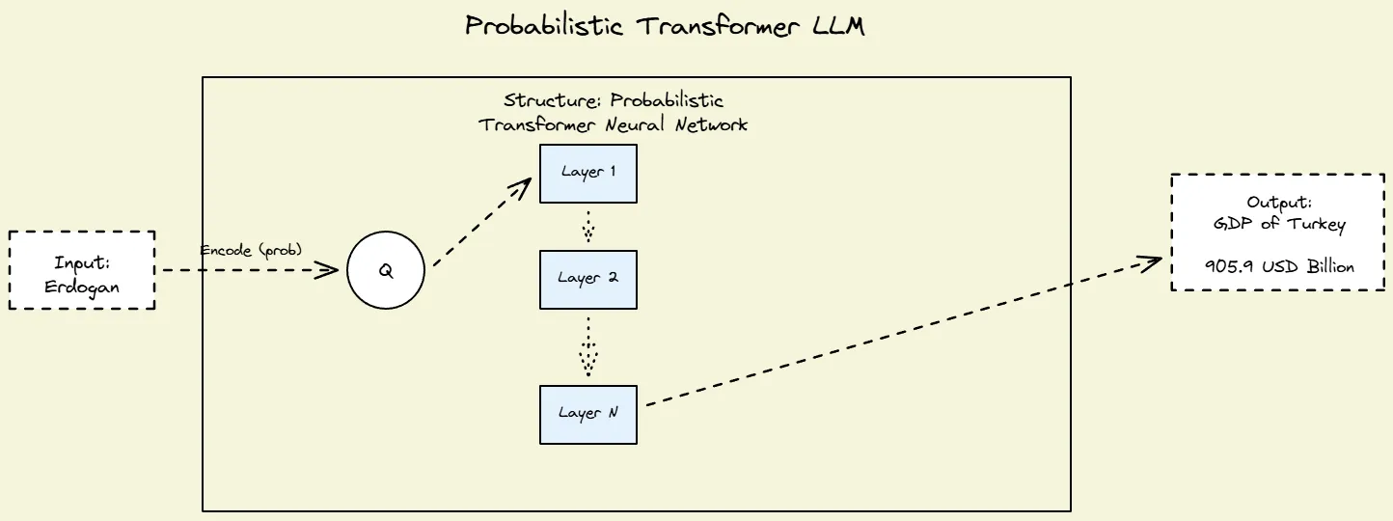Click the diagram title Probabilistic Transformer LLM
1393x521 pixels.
pos(665,26)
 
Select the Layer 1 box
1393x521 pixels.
pos(587,174)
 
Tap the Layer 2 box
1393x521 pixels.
pos(587,279)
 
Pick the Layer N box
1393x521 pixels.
pos(587,414)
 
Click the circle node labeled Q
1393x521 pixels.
pos(386,271)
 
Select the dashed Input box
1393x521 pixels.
pos(82,270)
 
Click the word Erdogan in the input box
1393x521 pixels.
pos(82,288)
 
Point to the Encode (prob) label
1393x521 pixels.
pos(251,250)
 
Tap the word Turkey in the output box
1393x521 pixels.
pos(1316,225)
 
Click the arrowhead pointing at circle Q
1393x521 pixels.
pos(330,271)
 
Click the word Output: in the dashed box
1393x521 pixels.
pos(1279,203)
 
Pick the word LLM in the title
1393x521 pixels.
pos(838,26)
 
